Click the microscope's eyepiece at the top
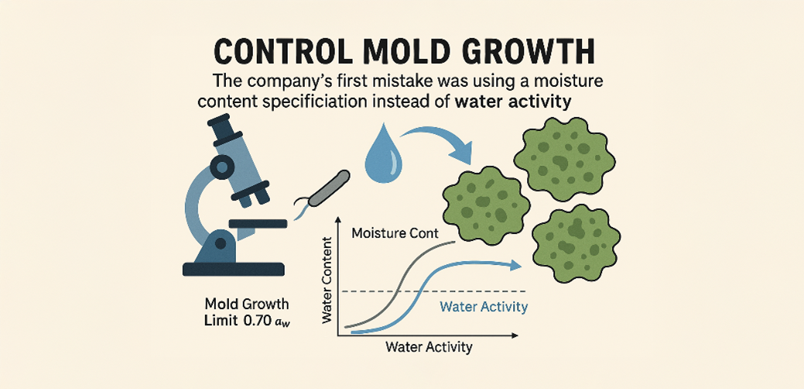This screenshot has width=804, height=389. pyautogui.click(x=220, y=127)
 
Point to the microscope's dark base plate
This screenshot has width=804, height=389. pyautogui.click(x=233, y=269)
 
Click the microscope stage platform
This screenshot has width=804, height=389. pyautogui.click(x=258, y=223)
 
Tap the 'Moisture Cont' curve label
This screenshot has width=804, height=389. pyautogui.click(x=395, y=233)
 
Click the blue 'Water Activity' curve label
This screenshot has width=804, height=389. pyautogui.click(x=484, y=307)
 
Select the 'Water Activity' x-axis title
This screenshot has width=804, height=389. pyautogui.click(x=429, y=346)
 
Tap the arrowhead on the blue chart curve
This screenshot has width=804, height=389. pyautogui.click(x=515, y=265)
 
